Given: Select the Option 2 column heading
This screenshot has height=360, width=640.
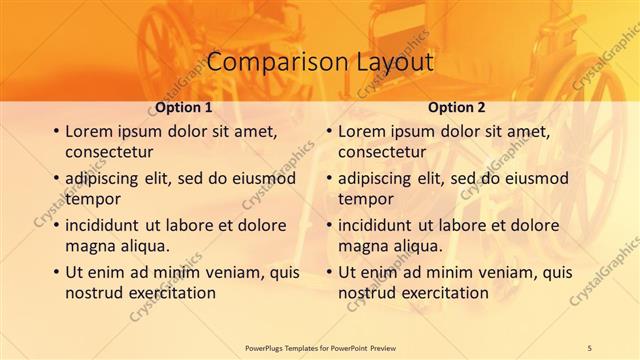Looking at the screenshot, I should click(x=457, y=107).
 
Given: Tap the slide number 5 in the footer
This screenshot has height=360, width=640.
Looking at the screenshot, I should click(x=589, y=346).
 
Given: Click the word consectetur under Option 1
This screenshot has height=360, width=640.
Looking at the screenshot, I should click(x=109, y=152).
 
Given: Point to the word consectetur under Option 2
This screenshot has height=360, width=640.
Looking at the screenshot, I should click(x=382, y=152).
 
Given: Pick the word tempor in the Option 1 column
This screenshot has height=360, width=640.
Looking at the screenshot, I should click(x=91, y=199).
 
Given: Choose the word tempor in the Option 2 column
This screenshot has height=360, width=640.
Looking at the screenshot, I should click(x=364, y=199).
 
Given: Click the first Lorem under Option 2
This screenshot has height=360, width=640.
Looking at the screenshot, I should click(x=363, y=131).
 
